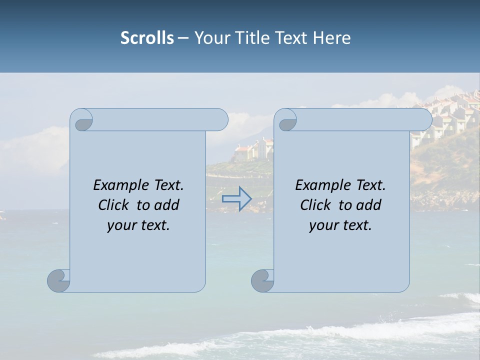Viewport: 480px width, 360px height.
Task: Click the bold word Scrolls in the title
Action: coord(147,38)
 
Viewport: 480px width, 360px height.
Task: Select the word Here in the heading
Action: coord(332,38)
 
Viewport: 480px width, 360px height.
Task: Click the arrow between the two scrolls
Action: coord(236,198)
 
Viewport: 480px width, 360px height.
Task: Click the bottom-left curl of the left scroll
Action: coord(59,280)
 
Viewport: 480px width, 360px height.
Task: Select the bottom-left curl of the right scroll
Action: coord(262,280)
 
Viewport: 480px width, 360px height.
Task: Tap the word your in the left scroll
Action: coord(121,225)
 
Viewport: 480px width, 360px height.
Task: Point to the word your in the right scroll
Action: coord(323,225)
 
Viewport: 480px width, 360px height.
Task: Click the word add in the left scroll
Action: coord(167,205)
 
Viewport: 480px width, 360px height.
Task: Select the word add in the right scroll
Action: coord(369,205)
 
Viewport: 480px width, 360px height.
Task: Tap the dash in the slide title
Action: coord(183,38)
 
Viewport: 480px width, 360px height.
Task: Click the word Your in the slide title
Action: coord(210,38)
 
